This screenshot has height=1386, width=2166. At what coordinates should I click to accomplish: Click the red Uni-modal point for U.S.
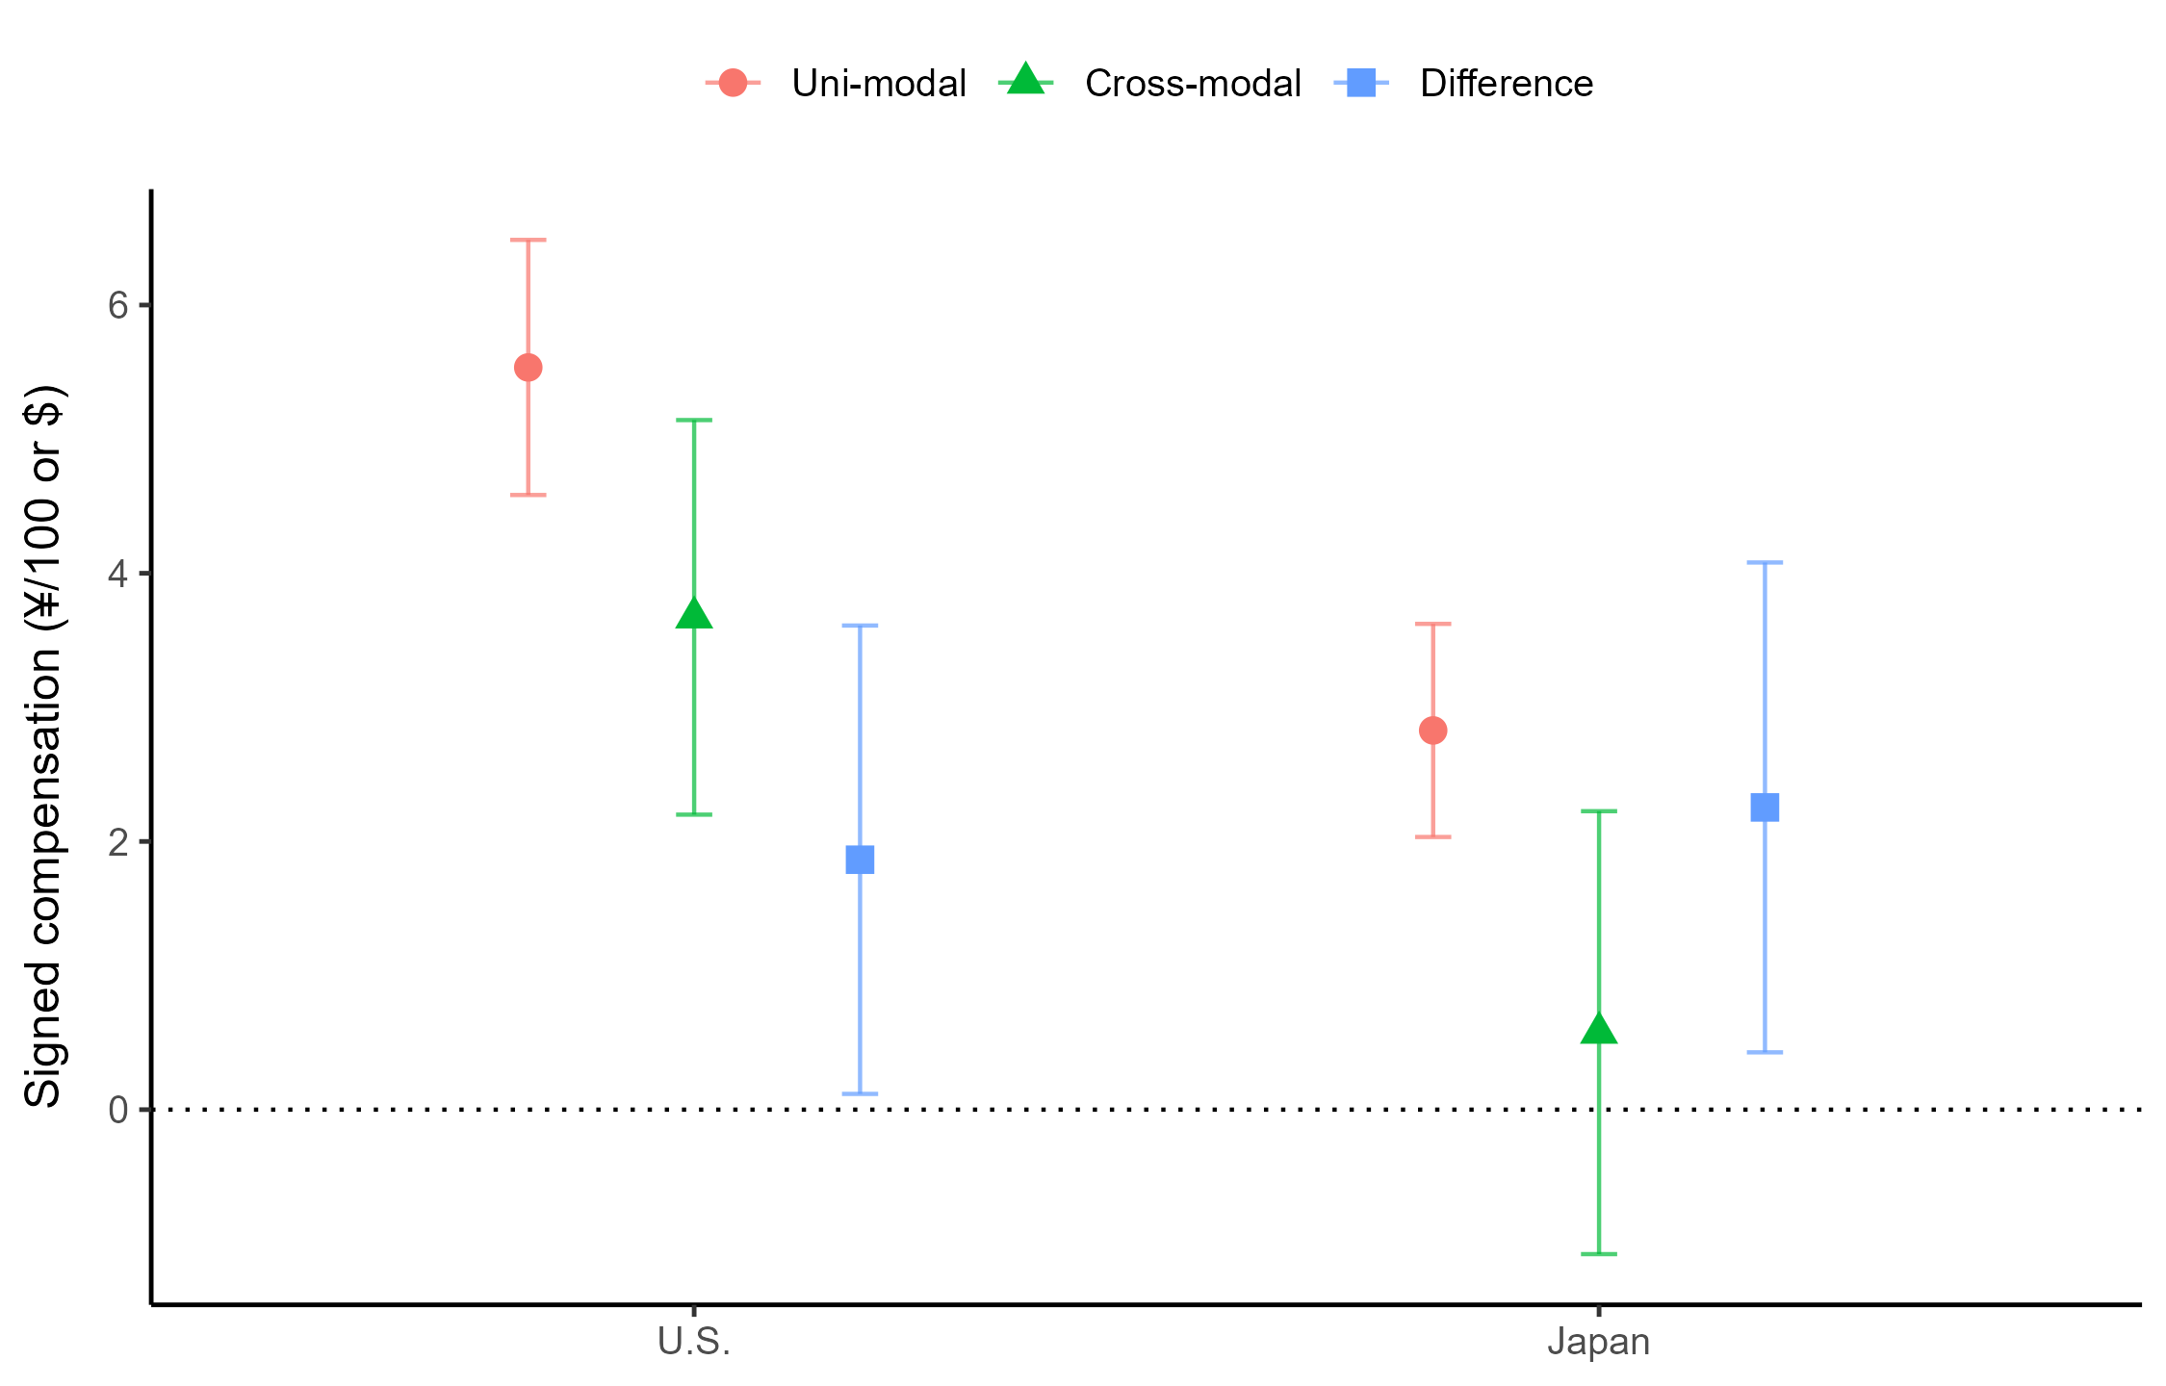click(x=528, y=368)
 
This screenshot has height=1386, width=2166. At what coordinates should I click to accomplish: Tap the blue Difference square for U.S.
click(x=860, y=860)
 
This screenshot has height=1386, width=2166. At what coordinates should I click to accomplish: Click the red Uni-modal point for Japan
click(x=1432, y=731)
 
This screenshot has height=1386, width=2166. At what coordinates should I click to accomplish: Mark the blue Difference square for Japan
click(x=1765, y=807)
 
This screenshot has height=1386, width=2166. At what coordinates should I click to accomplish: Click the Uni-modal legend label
click(x=878, y=84)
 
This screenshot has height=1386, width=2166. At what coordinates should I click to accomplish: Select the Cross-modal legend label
click(x=1193, y=84)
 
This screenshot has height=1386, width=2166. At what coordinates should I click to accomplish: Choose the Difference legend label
click(x=1506, y=84)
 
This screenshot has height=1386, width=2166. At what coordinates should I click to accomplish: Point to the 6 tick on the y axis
click(x=118, y=305)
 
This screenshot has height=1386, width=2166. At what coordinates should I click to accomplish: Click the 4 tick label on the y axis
click(x=118, y=574)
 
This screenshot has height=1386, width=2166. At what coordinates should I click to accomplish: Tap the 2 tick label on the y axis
click(x=118, y=842)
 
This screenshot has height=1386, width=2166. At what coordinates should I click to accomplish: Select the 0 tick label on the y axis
click(x=118, y=1110)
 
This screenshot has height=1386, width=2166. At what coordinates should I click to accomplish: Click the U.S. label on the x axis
click(x=694, y=1342)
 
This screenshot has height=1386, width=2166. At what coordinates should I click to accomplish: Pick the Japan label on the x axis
click(x=1598, y=1342)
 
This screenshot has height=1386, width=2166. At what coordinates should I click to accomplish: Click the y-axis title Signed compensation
click(x=43, y=746)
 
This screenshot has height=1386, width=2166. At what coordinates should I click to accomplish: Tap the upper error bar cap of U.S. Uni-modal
click(x=528, y=240)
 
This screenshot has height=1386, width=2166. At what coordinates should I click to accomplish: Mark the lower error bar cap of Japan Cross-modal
click(x=1599, y=1254)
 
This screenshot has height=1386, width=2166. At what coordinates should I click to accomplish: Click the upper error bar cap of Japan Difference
click(x=1765, y=562)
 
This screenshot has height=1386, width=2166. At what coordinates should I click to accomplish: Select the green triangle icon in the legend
click(x=1026, y=81)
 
